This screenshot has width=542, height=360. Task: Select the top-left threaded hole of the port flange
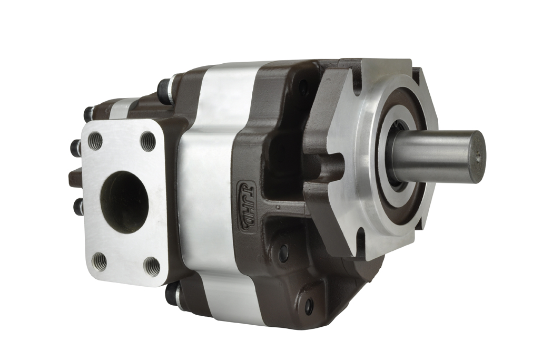95,140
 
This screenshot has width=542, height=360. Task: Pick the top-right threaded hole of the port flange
149,141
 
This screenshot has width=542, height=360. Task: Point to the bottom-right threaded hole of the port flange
152,266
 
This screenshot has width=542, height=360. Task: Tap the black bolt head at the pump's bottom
171,294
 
